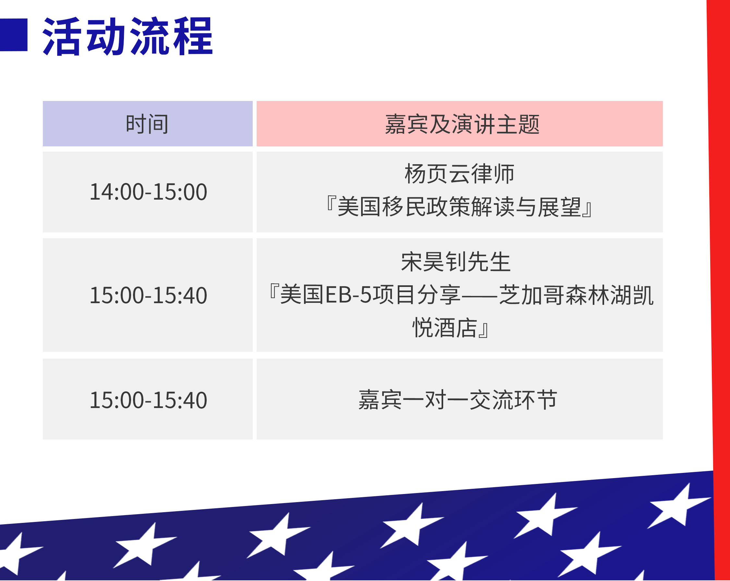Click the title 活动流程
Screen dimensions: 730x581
tap(128, 36)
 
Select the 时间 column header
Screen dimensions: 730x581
tap(147, 124)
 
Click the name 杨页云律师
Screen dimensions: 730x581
tap(459, 174)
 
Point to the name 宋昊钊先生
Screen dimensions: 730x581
tap(456, 262)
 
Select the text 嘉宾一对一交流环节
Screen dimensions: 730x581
tap(458, 400)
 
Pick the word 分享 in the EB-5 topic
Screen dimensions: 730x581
tap(439, 295)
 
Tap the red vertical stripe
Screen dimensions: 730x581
tap(719, 288)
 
